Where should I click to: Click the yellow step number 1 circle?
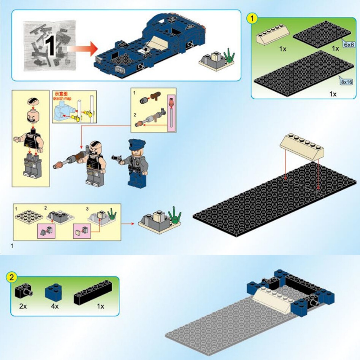[252, 18]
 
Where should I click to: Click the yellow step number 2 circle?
[11, 278]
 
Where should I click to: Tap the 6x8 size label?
[348, 45]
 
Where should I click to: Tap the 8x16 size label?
[346, 82]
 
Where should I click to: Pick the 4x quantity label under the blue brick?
[55, 306]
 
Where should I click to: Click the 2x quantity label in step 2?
[23, 306]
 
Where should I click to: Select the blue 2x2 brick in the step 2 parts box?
[53, 293]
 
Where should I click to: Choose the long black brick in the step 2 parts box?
[93, 293]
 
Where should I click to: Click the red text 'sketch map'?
[62, 98]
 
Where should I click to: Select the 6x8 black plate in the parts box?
[322, 34]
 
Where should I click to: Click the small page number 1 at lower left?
[12, 246]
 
